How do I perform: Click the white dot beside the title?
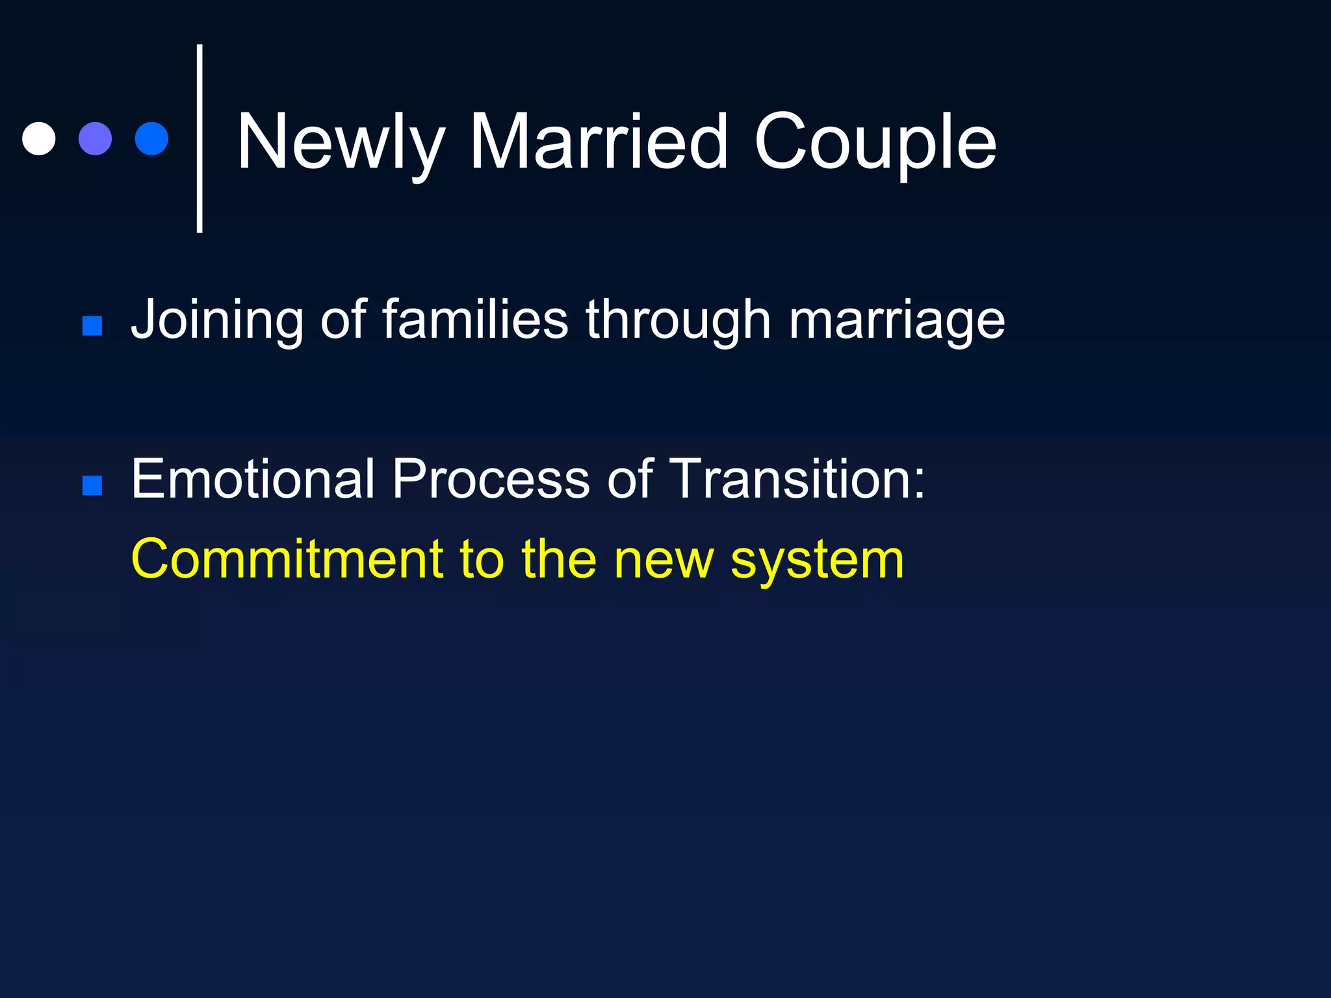tap(39, 138)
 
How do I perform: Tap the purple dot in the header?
tap(95, 138)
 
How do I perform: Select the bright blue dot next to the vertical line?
tap(151, 138)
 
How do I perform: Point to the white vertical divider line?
tap(200, 138)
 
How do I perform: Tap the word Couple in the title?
tap(875, 143)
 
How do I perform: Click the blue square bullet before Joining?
tap(92, 326)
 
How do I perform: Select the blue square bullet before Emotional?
tap(92, 485)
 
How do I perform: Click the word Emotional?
tap(253, 479)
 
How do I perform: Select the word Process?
tap(491, 479)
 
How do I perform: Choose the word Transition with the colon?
tap(797, 479)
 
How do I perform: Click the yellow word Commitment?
tap(287, 559)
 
